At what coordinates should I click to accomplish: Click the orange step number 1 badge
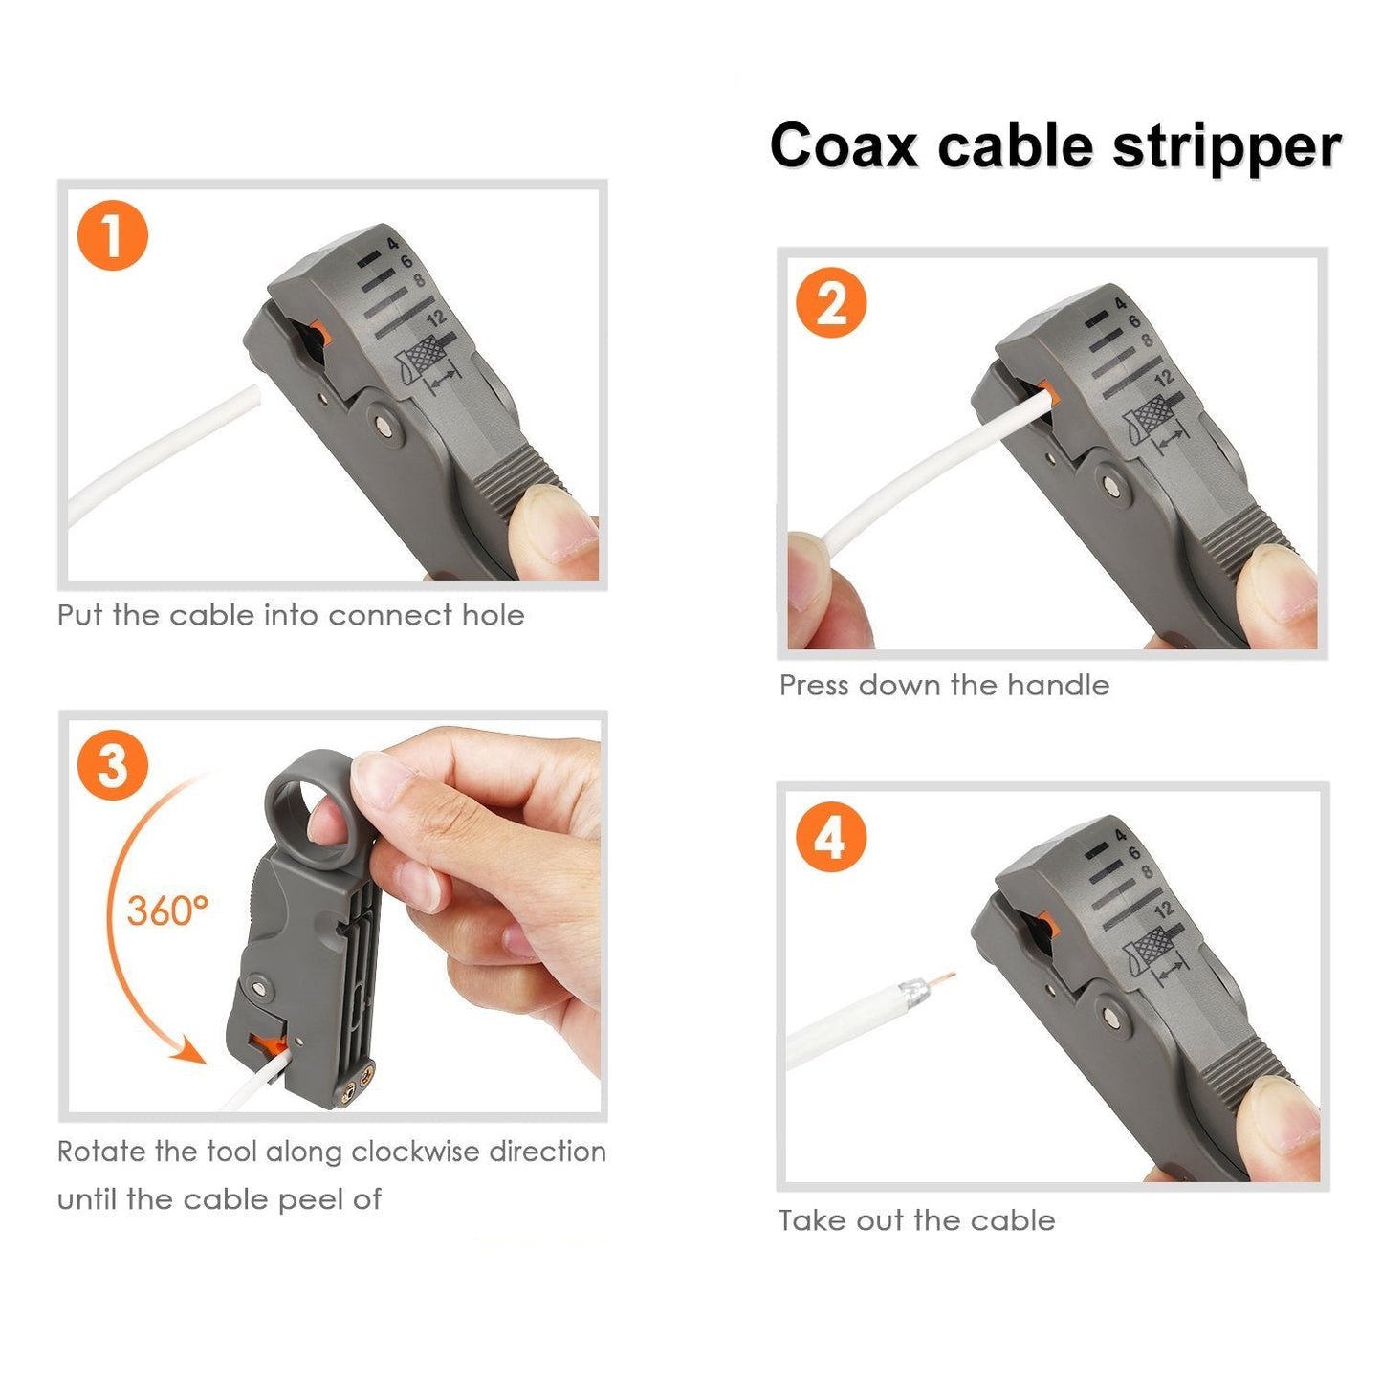(x=113, y=235)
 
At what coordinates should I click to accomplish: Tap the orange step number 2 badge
(x=831, y=303)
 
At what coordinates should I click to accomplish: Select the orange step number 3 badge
(x=113, y=765)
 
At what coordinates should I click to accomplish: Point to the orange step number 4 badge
(x=830, y=836)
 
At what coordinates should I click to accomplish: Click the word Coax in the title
(x=844, y=146)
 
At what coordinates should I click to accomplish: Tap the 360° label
(x=167, y=910)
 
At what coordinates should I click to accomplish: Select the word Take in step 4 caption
(x=811, y=1221)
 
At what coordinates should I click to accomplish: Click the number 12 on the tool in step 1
(x=437, y=318)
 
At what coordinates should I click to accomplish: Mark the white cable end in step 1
(x=251, y=395)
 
